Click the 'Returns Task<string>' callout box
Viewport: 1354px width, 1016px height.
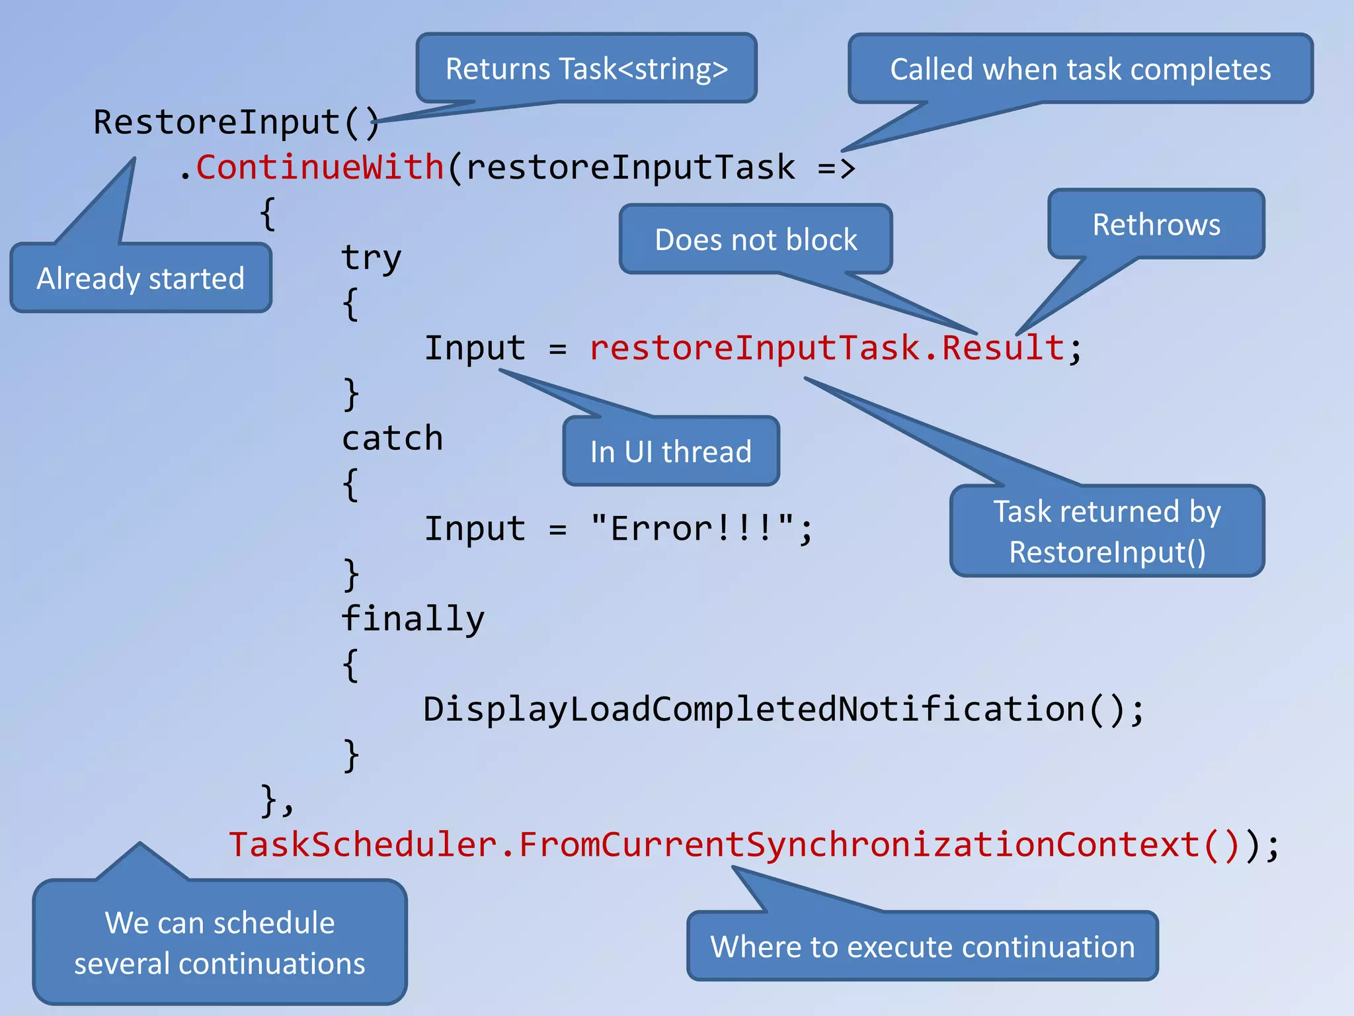(586, 69)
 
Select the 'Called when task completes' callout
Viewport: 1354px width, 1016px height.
(1080, 69)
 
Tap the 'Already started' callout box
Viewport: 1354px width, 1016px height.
(141, 278)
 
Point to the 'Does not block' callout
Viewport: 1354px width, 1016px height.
(756, 239)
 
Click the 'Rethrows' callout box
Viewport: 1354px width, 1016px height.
(1156, 225)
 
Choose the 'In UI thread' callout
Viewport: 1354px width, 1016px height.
(671, 452)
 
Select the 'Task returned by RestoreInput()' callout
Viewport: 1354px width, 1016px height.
(1107, 531)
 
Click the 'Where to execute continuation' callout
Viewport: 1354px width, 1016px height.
(922, 947)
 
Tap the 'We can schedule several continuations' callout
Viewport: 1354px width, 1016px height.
(219, 943)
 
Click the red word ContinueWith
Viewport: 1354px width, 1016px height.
(320, 167)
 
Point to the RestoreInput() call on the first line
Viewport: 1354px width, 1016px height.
(236, 122)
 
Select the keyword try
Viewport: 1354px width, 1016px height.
(371, 257)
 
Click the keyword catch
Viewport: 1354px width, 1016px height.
(392, 439)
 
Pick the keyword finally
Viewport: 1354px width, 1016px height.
(413, 619)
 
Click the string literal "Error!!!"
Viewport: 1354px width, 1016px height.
(692, 529)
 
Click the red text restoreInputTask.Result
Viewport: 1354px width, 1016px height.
(826, 348)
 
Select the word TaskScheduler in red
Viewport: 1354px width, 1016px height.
(363, 845)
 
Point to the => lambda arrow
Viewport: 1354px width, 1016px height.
(836, 168)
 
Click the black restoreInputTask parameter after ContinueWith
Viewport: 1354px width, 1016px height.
(630, 167)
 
